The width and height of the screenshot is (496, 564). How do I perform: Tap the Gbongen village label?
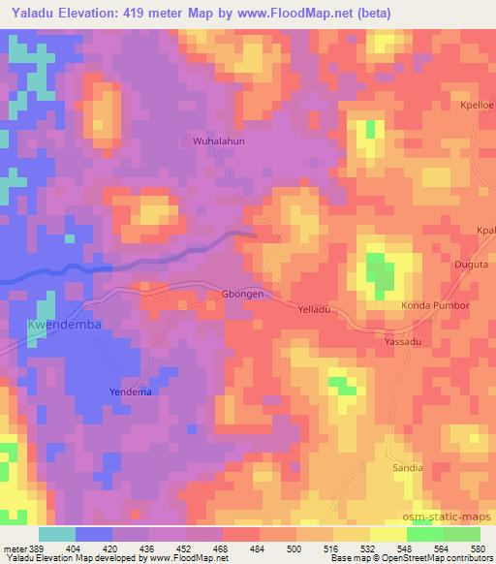[x=243, y=294]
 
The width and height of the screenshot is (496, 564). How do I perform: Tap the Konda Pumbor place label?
[x=435, y=306]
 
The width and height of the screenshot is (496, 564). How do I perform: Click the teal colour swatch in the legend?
[x=56, y=534]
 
